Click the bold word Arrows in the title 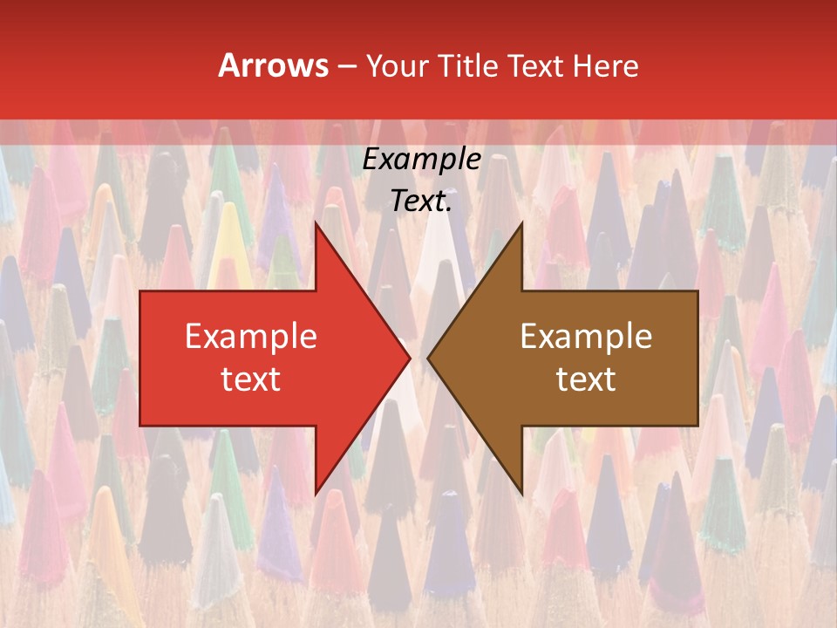(273, 65)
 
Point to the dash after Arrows (346, 66)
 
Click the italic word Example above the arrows (421, 160)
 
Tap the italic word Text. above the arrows (421, 201)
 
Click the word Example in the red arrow (251, 337)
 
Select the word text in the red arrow (251, 379)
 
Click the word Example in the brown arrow (586, 337)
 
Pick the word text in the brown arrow (586, 379)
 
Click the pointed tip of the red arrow (409, 358)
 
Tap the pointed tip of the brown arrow (428, 358)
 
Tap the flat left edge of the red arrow (140, 358)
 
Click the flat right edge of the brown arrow (697, 358)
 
